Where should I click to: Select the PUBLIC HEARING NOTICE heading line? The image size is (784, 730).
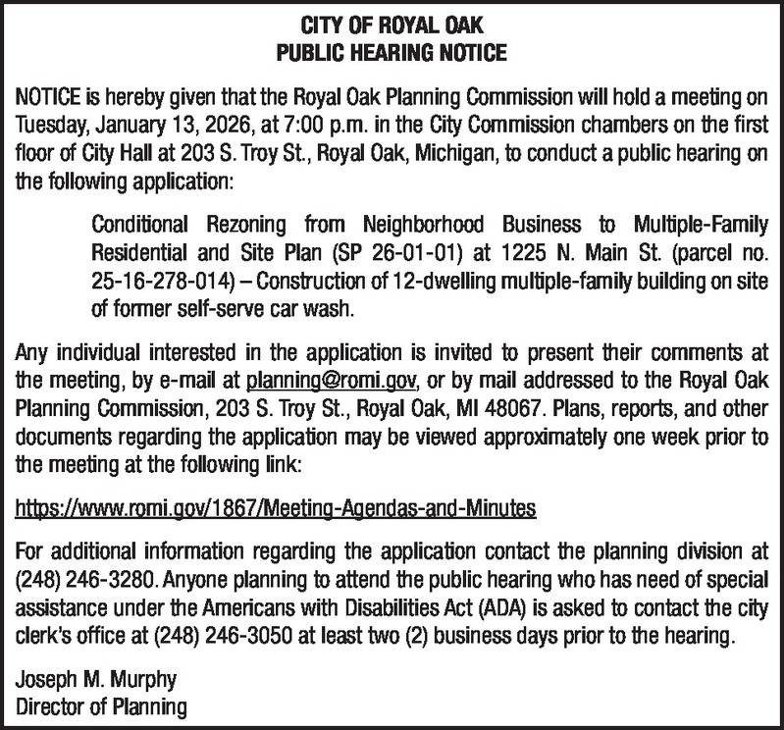click(x=392, y=48)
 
